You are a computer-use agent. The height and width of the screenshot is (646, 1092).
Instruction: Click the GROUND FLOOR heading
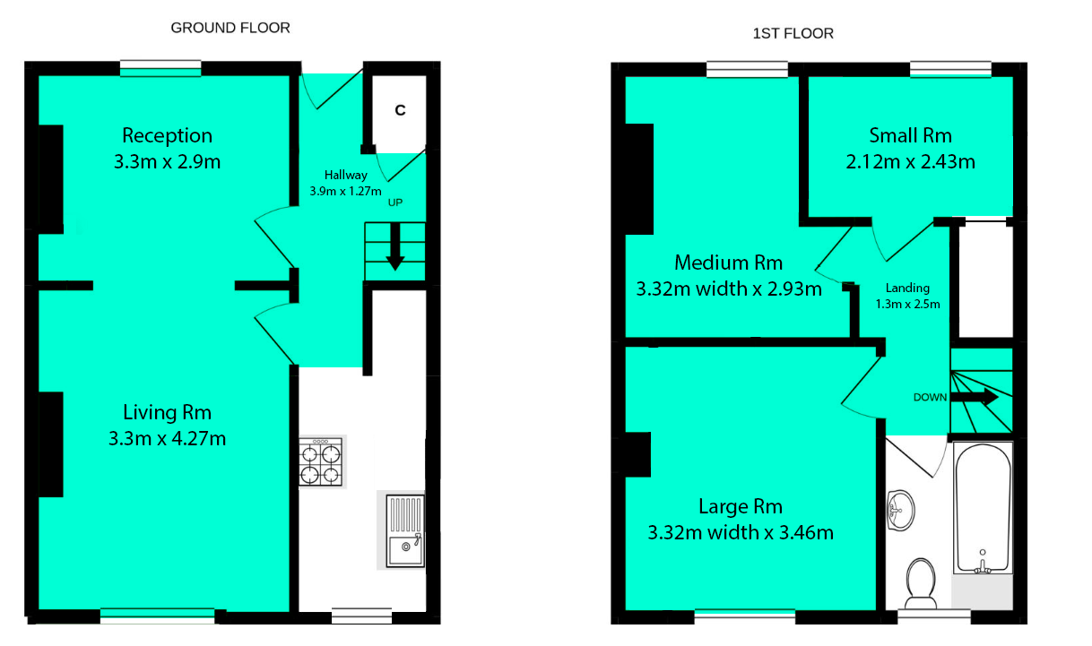230,28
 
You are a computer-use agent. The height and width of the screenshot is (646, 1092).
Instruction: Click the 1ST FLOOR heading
793,34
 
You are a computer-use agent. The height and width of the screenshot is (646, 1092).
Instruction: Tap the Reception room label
168,135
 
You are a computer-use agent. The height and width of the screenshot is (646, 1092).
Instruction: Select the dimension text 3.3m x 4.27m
167,439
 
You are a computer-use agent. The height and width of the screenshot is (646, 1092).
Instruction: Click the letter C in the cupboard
401,110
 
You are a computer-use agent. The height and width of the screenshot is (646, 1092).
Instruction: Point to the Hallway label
345,176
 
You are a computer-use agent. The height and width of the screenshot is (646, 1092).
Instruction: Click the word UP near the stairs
394,202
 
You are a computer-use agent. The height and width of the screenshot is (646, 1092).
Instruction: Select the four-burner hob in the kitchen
321,461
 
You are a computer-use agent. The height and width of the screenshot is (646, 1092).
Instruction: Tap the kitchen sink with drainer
404,531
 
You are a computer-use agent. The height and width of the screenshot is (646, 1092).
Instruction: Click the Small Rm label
910,135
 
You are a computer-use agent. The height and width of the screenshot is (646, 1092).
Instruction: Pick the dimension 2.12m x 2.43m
910,162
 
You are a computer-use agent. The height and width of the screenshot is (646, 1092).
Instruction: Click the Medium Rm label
728,263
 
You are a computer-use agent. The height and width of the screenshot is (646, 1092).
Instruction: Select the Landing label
907,289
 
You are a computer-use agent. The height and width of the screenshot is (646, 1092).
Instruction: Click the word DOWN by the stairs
930,398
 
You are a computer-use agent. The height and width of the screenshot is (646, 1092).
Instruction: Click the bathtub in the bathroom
983,509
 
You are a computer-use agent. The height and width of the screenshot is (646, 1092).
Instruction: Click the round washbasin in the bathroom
900,510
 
